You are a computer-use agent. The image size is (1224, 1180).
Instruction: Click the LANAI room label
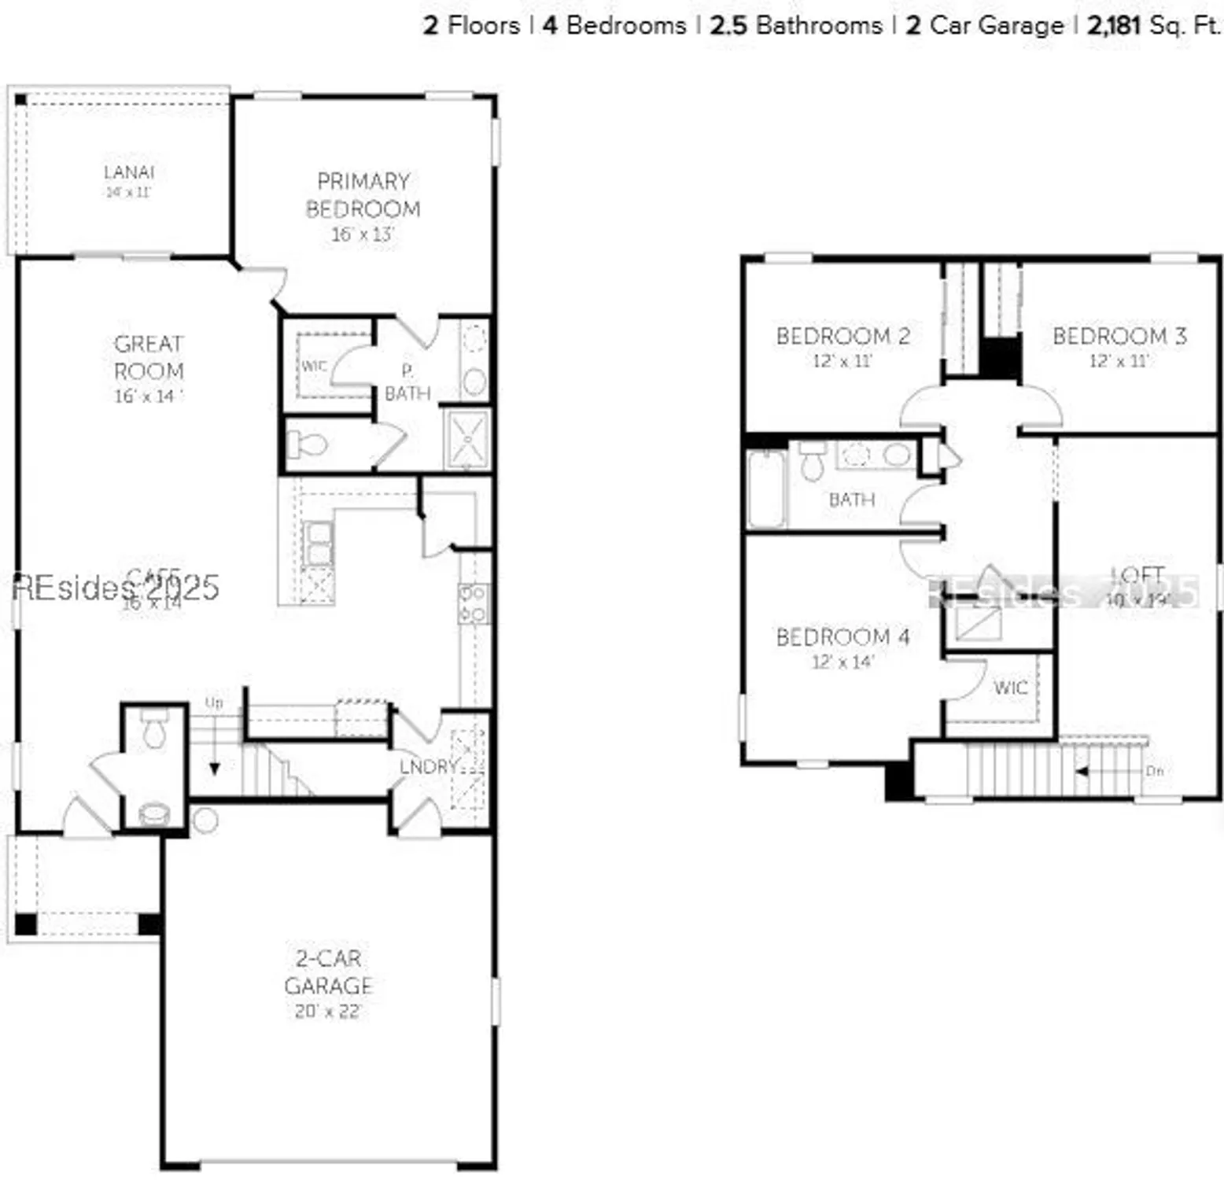click(x=129, y=172)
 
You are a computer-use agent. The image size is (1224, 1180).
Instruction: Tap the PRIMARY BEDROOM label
click(x=363, y=195)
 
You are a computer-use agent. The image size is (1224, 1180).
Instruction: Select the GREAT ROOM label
click(x=149, y=357)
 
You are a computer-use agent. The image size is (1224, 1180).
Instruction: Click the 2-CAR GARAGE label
click(x=328, y=972)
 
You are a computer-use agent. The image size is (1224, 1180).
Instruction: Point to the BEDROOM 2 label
click(x=842, y=336)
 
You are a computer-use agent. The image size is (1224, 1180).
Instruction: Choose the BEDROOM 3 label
click(x=1119, y=336)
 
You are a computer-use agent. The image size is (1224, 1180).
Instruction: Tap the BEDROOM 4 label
click(x=842, y=636)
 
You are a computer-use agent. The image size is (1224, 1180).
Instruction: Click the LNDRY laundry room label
click(x=428, y=766)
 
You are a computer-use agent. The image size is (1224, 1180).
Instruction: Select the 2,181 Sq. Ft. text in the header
click(x=1153, y=25)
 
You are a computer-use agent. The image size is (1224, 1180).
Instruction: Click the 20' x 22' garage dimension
click(x=328, y=1012)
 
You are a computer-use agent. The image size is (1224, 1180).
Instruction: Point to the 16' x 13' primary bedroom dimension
click(x=362, y=234)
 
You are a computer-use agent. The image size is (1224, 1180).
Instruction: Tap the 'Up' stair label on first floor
click(x=214, y=702)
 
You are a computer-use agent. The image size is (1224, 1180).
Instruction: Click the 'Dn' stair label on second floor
click(x=1154, y=771)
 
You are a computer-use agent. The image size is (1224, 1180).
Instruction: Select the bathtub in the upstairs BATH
click(x=765, y=489)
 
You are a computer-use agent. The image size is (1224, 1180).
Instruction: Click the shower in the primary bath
click(x=467, y=439)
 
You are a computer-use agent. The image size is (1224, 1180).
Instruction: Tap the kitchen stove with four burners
click(x=474, y=604)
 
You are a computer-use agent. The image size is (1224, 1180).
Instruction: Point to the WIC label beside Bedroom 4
click(x=1010, y=688)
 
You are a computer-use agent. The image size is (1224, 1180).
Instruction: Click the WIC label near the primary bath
click(x=313, y=366)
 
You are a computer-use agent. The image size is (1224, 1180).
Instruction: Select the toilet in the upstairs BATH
click(x=812, y=463)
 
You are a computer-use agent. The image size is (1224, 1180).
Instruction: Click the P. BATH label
click(x=407, y=382)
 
